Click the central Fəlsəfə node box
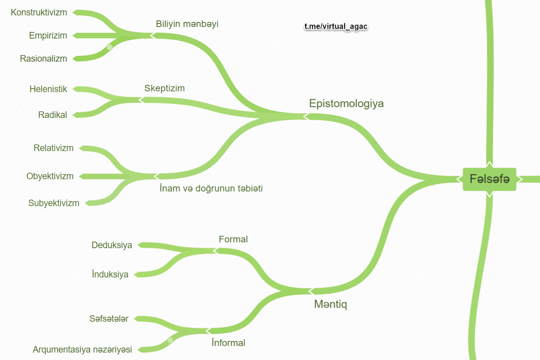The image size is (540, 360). [x=489, y=179]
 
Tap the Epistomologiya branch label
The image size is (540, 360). [x=346, y=103]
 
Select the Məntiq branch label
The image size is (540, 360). [x=330, y=304]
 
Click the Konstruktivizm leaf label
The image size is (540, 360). [x=39, y=12]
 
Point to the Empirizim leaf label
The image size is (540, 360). [x=48, y=35]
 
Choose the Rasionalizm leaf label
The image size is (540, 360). [x=44, y=59]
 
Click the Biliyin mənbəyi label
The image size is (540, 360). [x=187, y=24]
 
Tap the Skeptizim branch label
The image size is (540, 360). [x=165, y=88]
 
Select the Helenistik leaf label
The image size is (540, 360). [x=48, y=89]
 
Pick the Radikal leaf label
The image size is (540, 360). [x=52, y=115]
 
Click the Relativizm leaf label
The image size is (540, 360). [x=54, y=148]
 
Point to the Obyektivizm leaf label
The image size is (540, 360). [x=50, y=176]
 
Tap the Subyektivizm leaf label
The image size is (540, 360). [x=54, y=203]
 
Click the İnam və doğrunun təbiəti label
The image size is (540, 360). [x=211, y=188]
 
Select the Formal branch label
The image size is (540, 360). [x=233, y=239]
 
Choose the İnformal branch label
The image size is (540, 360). [x=228, y=343]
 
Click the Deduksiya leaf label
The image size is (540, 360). [x=112, y=245]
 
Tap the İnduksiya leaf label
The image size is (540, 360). [x=110, y=274]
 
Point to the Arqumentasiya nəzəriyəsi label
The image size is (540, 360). [x=82, y=350]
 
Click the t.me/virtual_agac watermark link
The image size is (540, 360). [x=336, y=26]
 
